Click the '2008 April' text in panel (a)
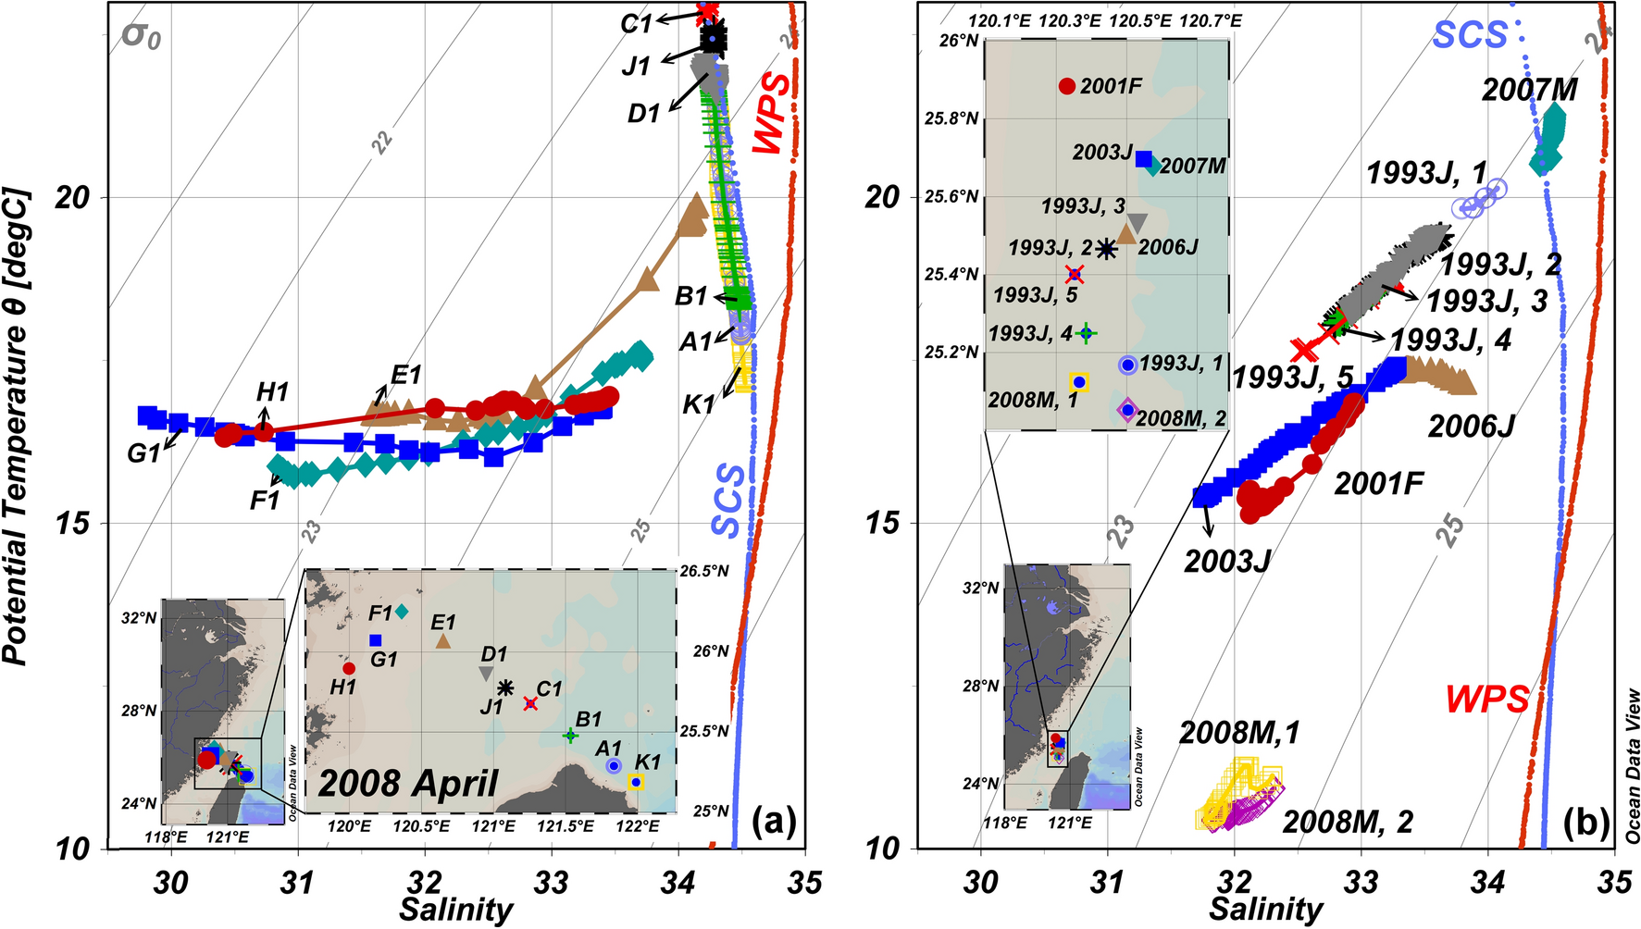pyautogui.click(x=408, y=784)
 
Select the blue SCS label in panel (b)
pyautogui.click(x=1470, y=34)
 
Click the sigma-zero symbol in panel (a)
pyautogui.click(x=142, y=36)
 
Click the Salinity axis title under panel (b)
pyautogui.click(x=1265, y=909)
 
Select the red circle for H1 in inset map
pyautogui.click(x=349, y=668)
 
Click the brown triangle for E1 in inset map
pyautogui.click(x=443, y=640)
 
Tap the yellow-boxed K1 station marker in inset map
pyautogui.click(x=636, y=782)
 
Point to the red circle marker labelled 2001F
pyautogui.click(x=1067, y=86)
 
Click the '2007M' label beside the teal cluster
pyautogui.click(x=1530, y=91)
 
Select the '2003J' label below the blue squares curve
pyautogui.click(x=1227, y=560)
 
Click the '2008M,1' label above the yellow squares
pyautogui.click(x=1239, y=733)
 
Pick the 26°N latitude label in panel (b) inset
pyautogui.click(x=960, y=41)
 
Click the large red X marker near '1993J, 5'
pyautogui.click(x=1304, y=350)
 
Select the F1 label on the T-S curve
pyautogui.click(x=265, y=501)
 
